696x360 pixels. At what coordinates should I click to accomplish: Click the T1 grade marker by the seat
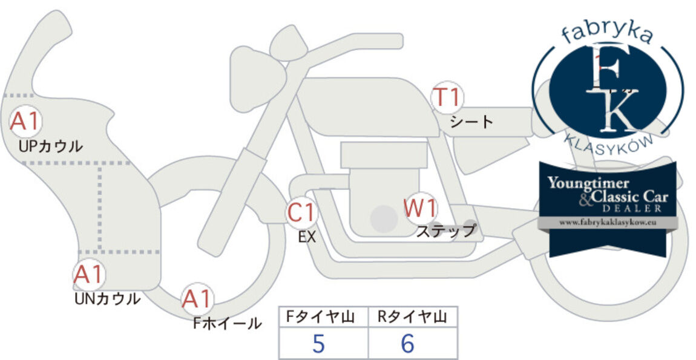(x=447, y=97)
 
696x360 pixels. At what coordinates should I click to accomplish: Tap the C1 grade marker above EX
(x=302, y=212)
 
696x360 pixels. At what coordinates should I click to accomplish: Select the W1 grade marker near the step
(x=420, y=209)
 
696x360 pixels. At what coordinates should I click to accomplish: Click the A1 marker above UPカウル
(x=26, y=121)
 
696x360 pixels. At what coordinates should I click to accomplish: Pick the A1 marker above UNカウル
(x=89, y=274)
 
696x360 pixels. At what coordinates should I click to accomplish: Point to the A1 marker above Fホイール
(x=197, y=299)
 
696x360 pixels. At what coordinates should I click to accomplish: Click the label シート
(x=471, y=122)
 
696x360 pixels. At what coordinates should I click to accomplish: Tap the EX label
(x=307, y=237)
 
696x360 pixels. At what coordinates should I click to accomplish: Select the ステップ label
(x=445, y=231)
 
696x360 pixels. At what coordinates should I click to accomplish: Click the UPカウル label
(x=51, y=146)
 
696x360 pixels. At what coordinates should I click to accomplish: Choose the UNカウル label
(x=107, y=299)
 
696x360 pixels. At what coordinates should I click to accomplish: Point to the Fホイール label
(x=228, y=323)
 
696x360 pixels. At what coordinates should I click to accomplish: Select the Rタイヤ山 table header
(x=412, y=316)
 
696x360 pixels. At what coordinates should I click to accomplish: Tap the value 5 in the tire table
(x=319, y=343)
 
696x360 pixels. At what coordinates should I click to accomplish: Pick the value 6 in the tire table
(x=407, y=343)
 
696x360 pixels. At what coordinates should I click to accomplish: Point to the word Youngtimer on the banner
(x=588, y=183)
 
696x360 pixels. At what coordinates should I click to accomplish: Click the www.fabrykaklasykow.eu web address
(x=608, y=223)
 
